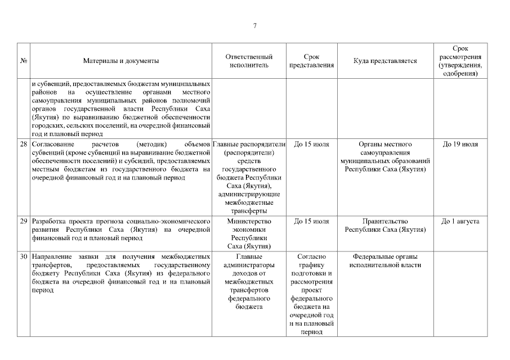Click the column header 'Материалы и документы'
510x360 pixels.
click(x=120, y=61)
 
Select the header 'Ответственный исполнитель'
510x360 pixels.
click(x=249, y=61)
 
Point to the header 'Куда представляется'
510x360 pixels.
click(x=385, y=61)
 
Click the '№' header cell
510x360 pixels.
click(x=24, y=61)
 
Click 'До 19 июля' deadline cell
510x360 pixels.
click(x=460, y=145)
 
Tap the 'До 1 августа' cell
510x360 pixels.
click(x=460, y=222)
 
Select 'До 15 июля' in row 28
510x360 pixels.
click(x=311, y=145)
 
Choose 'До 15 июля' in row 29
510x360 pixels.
click(x=311, y=222)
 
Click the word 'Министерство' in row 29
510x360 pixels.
click(x=249, y=222)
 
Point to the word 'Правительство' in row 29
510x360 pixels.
click(x=385, y=222)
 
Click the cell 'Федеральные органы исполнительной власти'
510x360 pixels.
click(x=385, y=261)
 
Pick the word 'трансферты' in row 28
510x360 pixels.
click(x=249, y=211)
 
